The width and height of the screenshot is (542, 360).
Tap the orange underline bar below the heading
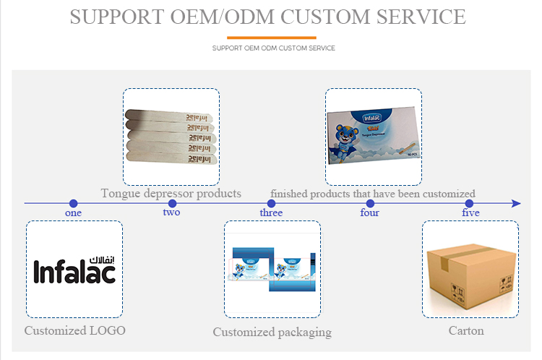271,38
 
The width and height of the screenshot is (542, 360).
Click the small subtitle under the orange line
273,48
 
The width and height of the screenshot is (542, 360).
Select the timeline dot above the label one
73,204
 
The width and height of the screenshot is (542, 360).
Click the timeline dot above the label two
172,204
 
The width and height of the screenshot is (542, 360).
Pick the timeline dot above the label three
271,204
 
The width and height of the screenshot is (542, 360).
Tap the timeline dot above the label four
370,204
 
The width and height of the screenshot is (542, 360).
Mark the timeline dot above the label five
470,204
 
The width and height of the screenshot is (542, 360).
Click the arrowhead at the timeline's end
516,204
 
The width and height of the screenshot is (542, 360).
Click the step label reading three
271,213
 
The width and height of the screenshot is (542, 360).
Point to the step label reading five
470,213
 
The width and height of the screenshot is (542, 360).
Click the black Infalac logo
74,270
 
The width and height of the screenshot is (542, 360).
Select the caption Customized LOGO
74,330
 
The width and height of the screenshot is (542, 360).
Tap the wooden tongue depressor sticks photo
171,135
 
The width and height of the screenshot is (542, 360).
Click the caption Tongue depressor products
171,193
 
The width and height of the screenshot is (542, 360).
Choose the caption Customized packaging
272,332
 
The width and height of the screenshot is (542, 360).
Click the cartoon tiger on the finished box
352,141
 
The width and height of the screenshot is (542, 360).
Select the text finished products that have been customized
373,193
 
